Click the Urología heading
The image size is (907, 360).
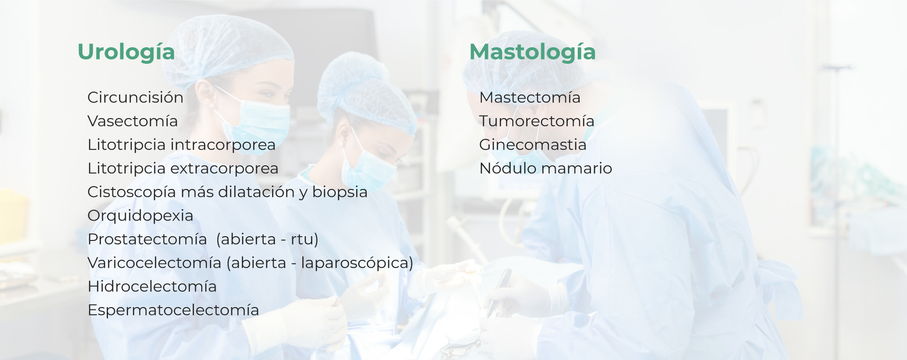126,52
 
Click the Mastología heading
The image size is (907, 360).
532,52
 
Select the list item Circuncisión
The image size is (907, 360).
136,97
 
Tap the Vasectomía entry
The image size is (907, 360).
133,121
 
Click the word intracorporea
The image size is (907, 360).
222,145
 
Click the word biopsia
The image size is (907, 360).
340,192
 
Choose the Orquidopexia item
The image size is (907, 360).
140,216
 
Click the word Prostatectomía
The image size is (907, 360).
147,239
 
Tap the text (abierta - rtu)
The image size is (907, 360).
267,239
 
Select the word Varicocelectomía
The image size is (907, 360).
154,263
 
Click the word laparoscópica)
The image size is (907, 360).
357,263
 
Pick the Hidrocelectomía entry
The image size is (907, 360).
152,286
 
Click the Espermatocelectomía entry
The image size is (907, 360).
173,310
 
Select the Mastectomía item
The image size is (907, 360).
530,97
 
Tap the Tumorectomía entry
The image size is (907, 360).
537,121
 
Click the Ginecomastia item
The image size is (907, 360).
533,145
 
